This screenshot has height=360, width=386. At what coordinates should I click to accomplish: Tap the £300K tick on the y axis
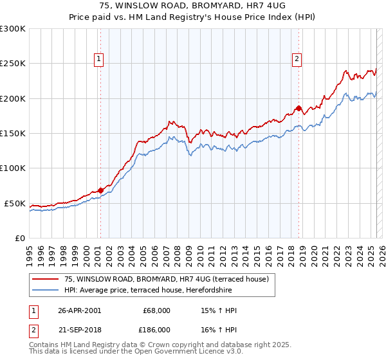coord(13,29)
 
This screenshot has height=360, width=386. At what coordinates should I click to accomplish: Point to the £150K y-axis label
coord(13,134)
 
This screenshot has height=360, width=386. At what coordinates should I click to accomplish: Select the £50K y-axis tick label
coord(15,203)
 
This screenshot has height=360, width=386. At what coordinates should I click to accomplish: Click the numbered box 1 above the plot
coord(99,59)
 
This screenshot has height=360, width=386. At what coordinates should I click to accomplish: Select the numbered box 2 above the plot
coord(297,59)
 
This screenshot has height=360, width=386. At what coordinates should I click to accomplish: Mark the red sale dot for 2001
coord(101,190)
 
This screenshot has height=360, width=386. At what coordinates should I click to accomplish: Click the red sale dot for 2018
coord(299,108)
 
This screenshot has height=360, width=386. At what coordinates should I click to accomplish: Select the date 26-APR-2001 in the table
coord(80,310)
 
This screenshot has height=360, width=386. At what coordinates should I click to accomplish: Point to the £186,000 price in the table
coord(157,329)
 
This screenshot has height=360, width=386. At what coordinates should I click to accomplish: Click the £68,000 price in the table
coord(157,310)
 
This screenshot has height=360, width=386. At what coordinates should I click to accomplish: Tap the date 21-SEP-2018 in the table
coord(80,329)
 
